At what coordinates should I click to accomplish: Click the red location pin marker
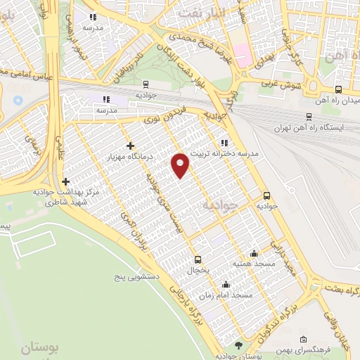(x=181, y=165)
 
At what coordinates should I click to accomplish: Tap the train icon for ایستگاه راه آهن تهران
(x=309, y=117)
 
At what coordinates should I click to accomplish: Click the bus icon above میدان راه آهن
(x=338, y=89)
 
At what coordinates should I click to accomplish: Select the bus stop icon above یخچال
(x=198, y=258)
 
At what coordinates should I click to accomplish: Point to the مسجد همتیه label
(x=253, y=263)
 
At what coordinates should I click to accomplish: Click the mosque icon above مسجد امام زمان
(x=226, y=285)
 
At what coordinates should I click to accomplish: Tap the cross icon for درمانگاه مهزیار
(x=130, y=145)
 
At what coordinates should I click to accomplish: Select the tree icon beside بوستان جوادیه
(x=238, y=345)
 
